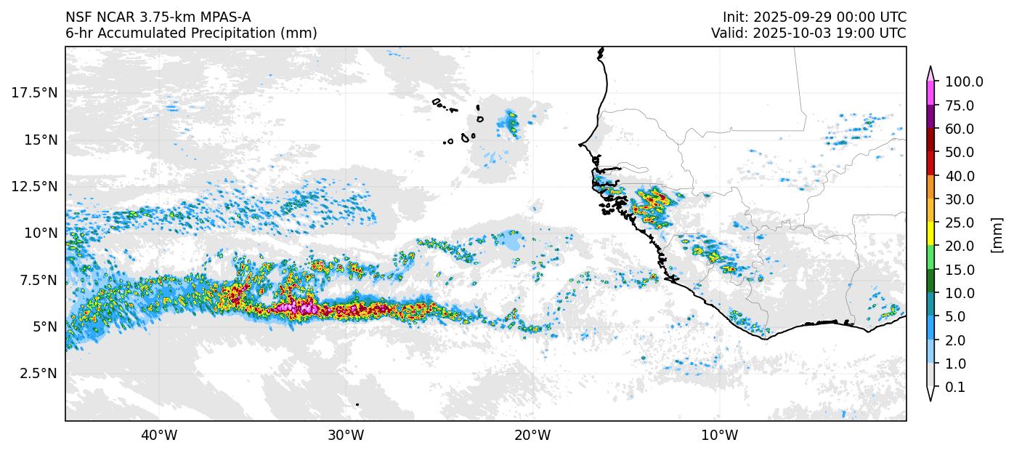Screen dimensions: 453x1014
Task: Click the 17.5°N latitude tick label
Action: coord(35,92)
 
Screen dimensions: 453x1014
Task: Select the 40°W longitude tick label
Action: coord(159,436)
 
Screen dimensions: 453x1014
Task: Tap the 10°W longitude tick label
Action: coord(720,436)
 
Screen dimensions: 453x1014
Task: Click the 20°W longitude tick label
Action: coord(532,436)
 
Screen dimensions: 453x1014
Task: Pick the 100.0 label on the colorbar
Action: coord(964,82)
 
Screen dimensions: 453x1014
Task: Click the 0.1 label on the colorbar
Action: coord(955,388)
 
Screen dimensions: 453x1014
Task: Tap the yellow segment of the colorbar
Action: coord(930,234)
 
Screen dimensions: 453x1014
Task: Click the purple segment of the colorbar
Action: coord(930,117)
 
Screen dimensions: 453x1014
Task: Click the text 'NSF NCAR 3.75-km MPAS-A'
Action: coord(158,17)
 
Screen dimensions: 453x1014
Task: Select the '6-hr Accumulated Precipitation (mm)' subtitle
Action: coord(191,33)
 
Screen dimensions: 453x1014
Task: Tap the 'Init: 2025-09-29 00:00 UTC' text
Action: coord(814,17)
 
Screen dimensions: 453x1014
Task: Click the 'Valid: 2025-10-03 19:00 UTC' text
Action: coord(808,33)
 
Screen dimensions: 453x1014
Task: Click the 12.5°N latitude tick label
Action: coord(35,186)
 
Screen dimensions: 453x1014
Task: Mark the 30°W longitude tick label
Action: coord(346,436)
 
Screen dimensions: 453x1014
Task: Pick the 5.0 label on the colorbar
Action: coord(955,317)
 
